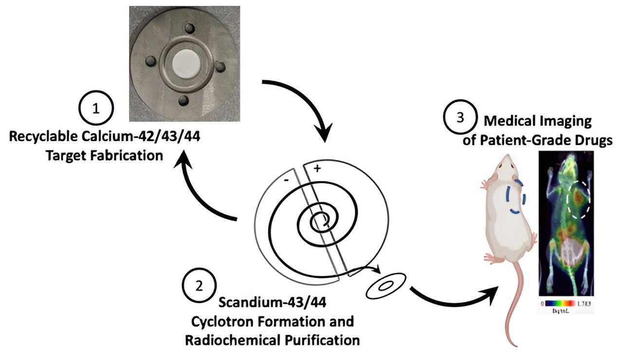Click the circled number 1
(96, 109)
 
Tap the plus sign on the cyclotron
(317, 169)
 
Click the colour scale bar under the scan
(566, 303)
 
